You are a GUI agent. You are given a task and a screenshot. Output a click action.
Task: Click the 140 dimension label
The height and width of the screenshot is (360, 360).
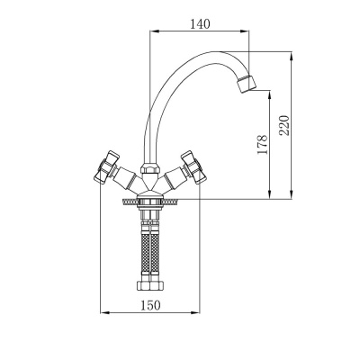coord(200,23)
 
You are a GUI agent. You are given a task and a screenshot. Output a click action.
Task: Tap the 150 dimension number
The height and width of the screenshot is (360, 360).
coord(150,305)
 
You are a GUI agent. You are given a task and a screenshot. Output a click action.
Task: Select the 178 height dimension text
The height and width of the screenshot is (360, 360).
coord(262,144)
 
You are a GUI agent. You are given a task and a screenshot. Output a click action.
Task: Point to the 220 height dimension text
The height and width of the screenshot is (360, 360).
coord(284,125)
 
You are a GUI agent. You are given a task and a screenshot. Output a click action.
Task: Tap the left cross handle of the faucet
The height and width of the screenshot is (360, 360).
coord(105,166)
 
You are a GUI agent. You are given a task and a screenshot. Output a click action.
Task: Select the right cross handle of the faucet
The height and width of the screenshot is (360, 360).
coord(193,166)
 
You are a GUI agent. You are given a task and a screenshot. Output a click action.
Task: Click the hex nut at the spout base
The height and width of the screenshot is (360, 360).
coord(149,168)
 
